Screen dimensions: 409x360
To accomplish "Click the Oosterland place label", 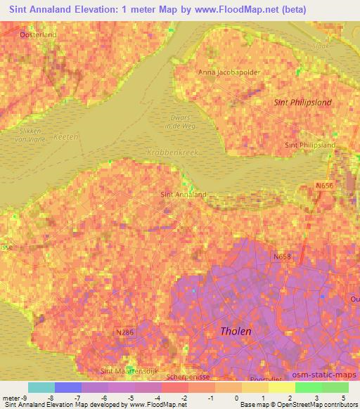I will (x=38, y=34).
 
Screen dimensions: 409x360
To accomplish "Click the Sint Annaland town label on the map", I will (x=184, y=195).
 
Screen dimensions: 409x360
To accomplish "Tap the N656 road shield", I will (x=323, y=186).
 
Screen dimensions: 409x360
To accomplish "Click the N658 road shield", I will (x=282, y=258).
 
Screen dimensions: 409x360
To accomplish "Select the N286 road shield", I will (x=124, y=332).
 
